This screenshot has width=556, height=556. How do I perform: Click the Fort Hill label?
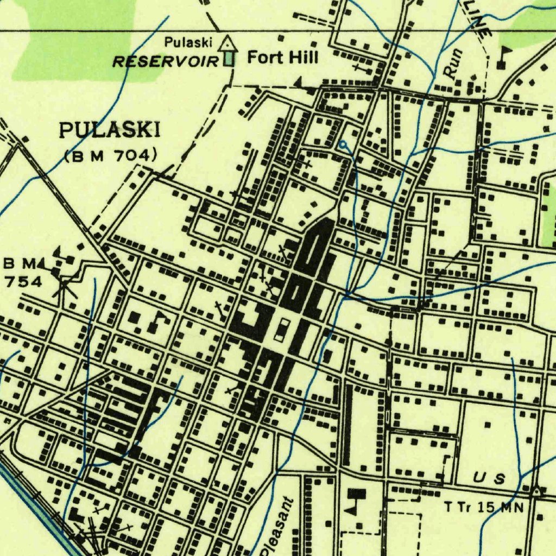(x=282, y=56)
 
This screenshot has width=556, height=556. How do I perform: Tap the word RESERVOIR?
(x=165, y=61)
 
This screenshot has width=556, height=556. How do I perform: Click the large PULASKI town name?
(x=110, y=130)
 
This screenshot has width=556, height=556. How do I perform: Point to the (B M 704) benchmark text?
(x=111, y=156)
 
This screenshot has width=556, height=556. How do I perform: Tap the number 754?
(x=22, y=281)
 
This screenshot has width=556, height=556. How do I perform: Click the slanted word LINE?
(x=477, y=22)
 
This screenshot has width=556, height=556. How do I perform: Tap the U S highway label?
(x=489, y=478)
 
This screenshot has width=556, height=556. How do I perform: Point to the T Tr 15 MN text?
(x=484, y=508)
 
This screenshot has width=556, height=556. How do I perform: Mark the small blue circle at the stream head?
(x=343, y=144)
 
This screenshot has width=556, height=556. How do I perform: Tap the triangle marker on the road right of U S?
(x=537, y=490)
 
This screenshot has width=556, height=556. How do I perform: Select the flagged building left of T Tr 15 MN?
(x=356, y=498)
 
